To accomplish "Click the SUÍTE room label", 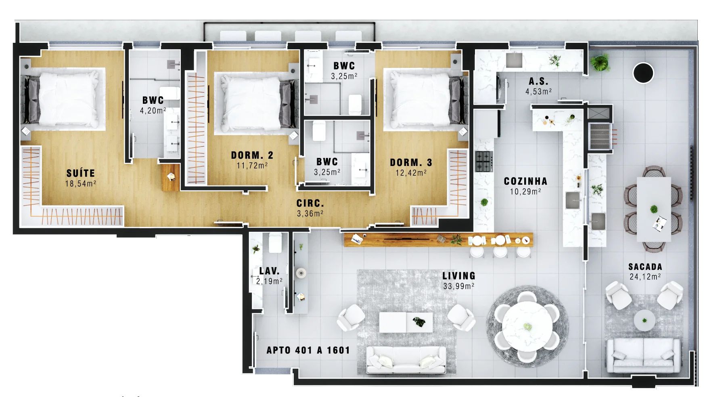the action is (81, 173).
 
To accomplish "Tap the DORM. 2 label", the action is (252, 155).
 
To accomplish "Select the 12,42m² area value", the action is (411, 173).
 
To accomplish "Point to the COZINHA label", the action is (525, 181).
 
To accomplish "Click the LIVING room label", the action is (459, 276).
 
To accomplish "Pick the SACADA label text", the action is (645, 267).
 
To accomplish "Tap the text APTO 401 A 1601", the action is (308, 350).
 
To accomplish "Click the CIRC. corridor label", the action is (310, 204).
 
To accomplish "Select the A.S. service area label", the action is (538, 81).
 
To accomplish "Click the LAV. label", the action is (269, 271).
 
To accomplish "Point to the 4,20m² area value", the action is (153, 111).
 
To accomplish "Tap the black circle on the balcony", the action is (643, 73).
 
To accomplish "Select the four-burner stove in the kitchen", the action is (484, 161).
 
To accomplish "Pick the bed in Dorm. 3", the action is (424, 99).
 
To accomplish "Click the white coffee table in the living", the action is (406, 322).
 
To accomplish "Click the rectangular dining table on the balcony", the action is (654, 209).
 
